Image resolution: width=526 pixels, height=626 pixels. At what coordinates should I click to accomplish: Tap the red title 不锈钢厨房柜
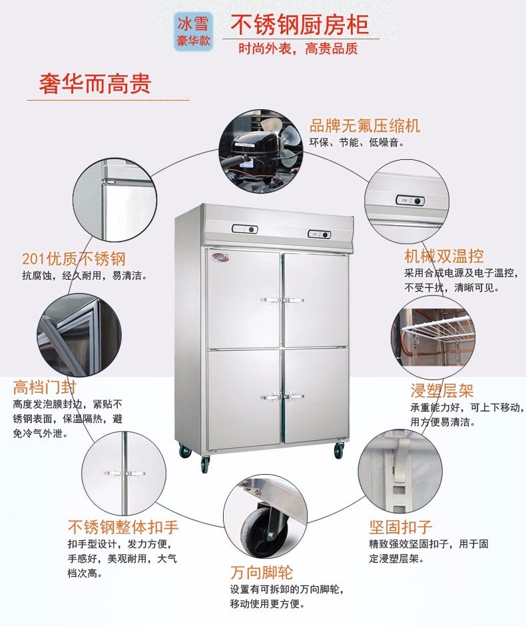(x=300, y=25)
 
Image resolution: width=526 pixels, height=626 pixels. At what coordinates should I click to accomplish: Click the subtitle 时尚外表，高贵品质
(x=298, y=49)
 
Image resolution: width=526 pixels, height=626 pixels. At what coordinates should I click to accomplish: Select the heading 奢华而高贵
(x=95, y=83)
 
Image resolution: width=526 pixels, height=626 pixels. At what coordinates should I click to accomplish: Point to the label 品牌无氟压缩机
(x=365, y=126)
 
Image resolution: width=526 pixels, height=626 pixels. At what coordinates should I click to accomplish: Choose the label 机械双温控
(x=444, y=256)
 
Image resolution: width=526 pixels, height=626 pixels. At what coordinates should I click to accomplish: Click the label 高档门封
(x=45, y=388)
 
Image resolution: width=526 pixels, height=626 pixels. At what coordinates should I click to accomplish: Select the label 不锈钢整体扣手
(x=123, y=527)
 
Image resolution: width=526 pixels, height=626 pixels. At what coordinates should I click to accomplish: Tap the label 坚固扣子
(x=401, y=527)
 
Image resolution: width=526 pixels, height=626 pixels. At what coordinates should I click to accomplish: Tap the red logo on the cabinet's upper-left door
(x=219, y=256)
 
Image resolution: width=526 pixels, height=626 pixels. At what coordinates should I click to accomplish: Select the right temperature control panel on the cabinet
(x=319, y=234)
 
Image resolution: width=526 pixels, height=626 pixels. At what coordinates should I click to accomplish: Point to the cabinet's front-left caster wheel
(x=205, y=464)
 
